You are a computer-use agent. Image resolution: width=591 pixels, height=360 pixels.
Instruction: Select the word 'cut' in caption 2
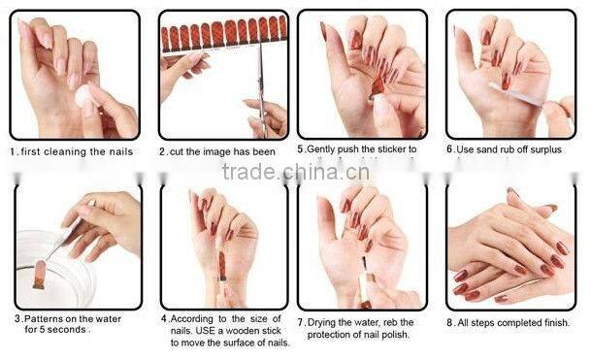click(179, 152)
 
